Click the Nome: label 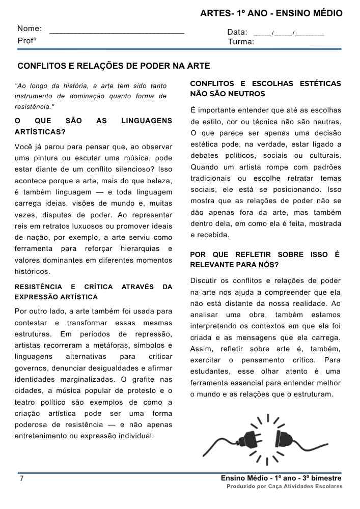pos(30,29)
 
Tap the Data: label pos(237,32)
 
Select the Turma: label pos(241,42)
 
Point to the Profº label pos(27,40)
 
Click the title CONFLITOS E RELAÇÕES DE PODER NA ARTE pos(114,66)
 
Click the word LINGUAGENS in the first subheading pos(147,121)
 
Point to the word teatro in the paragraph pos(25,402)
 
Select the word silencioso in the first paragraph pos(127,169)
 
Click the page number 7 pos(21,479)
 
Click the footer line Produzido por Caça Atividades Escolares pos(284,487)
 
